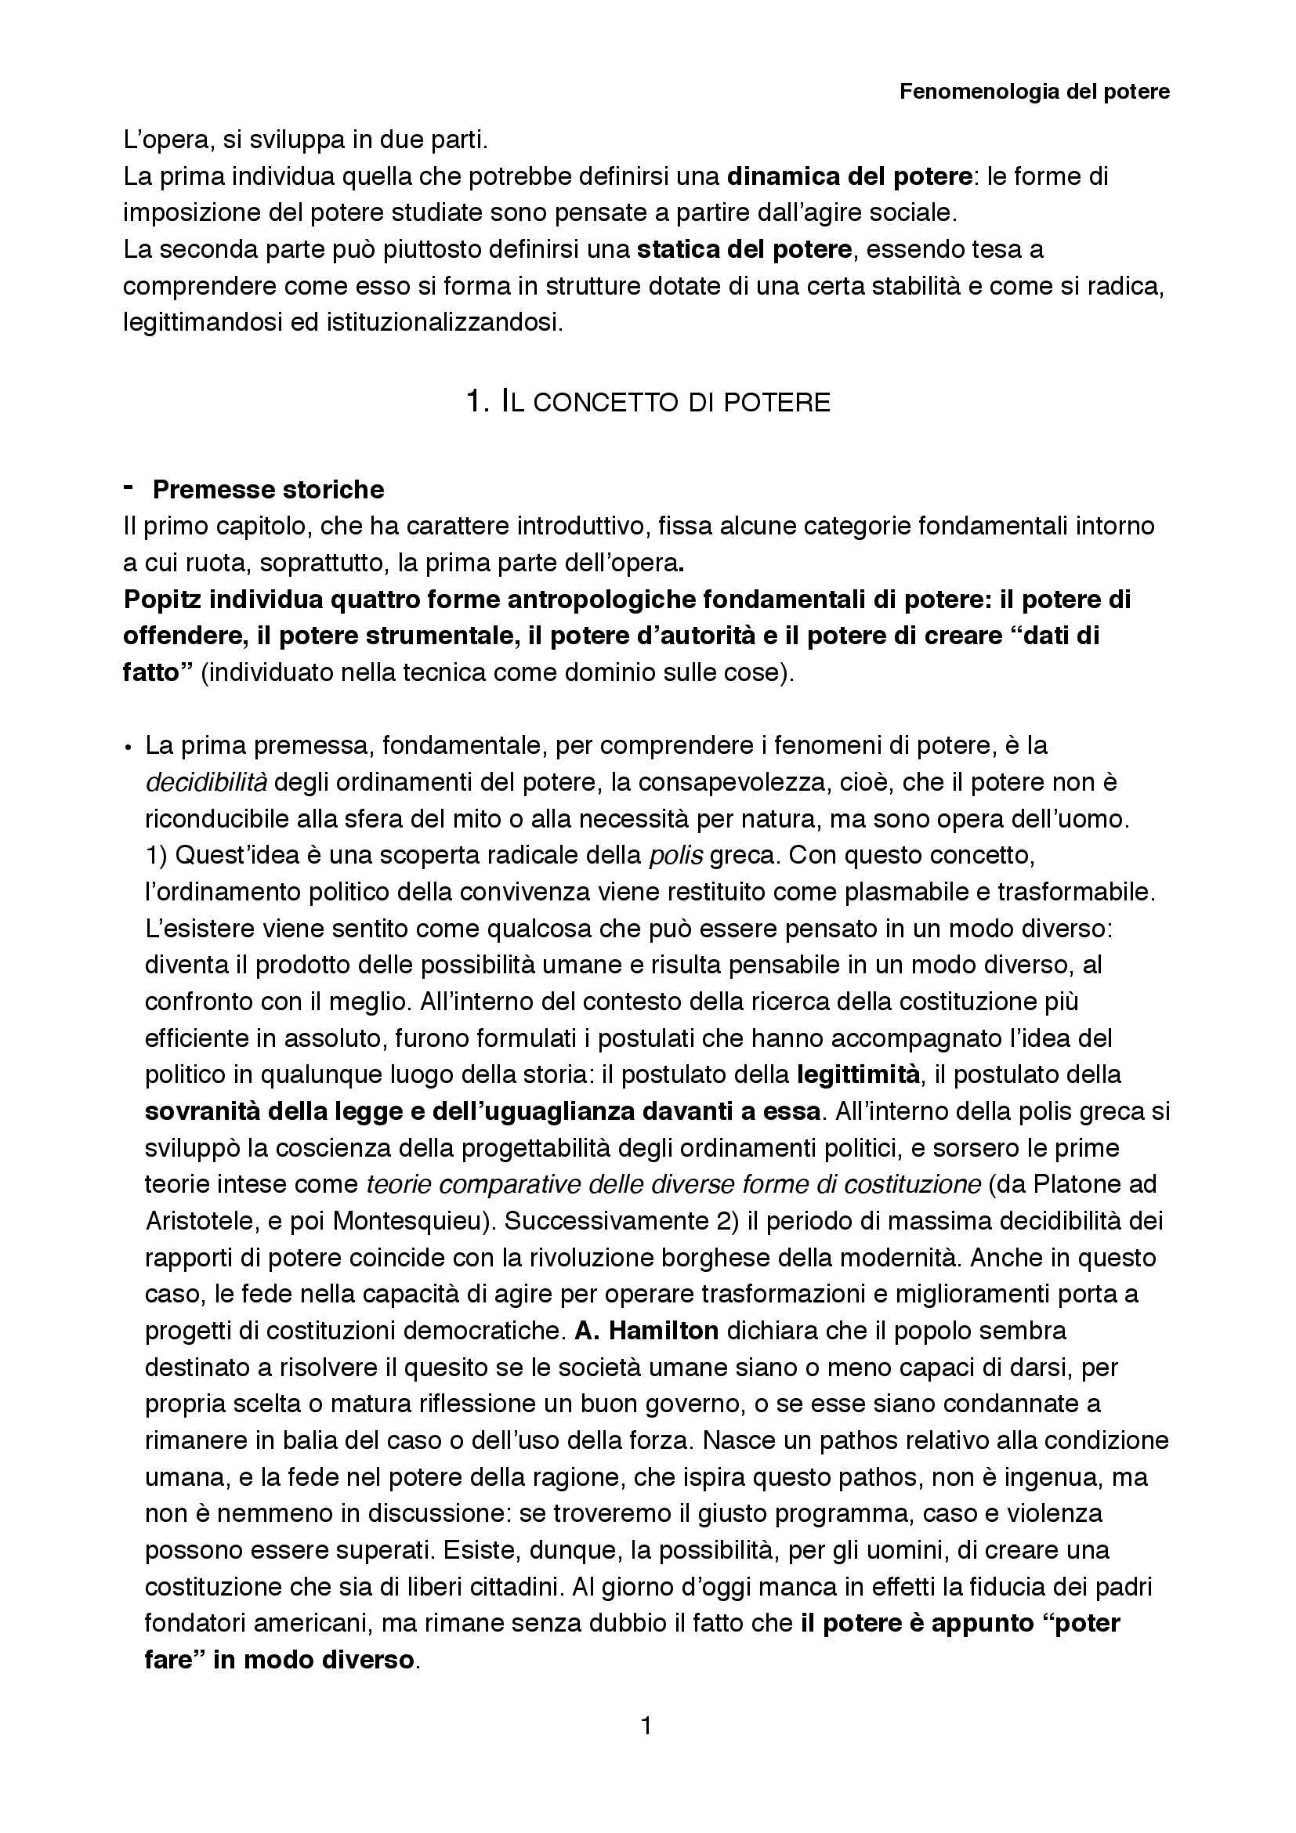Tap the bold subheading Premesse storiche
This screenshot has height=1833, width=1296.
268,489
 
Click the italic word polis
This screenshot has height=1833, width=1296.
675,855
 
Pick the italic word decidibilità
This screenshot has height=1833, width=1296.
206,781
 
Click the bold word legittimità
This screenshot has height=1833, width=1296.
859,1074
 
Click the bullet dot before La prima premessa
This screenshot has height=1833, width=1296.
128,748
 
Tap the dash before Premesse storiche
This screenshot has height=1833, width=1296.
129,486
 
